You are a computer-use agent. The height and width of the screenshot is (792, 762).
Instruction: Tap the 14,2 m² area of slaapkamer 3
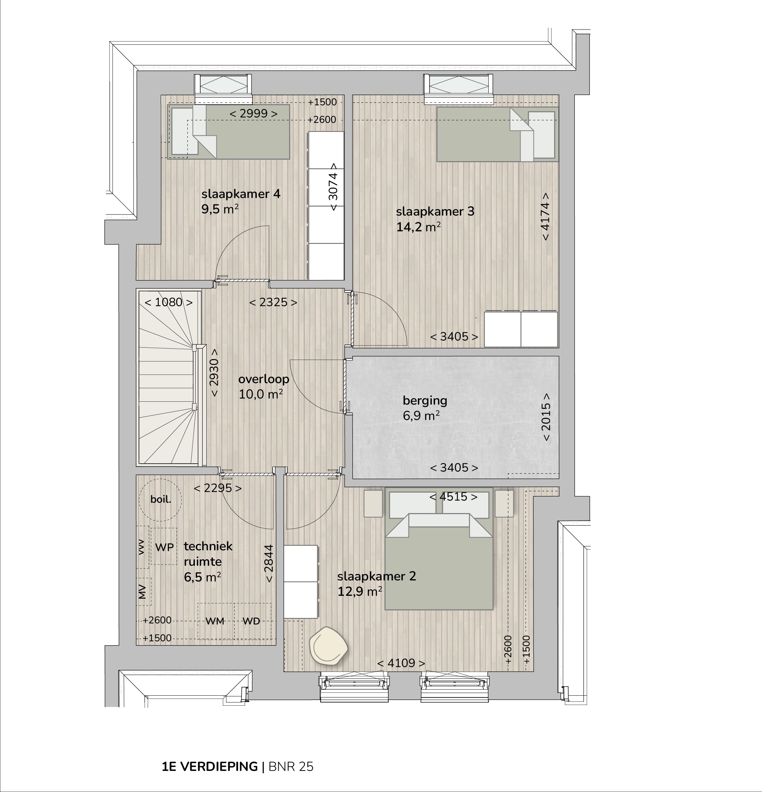[x=418, y=227]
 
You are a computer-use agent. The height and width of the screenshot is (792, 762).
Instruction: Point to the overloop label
[x=264, y=379]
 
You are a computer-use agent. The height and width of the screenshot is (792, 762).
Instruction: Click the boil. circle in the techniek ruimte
[x=160, y=499]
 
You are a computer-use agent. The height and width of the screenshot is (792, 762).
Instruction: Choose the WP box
[x=164, y=546]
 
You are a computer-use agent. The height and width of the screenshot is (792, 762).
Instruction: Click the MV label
[x=142, y=591]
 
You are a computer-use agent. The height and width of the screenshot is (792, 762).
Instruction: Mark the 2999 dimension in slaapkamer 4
[x=253, y=114]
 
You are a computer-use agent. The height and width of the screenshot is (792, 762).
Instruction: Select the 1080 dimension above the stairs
[x=168, y=302]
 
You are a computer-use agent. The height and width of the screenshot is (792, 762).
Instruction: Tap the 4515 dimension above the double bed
[x=453, y=497]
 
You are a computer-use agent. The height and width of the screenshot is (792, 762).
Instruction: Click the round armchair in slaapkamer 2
[x=328, y=646]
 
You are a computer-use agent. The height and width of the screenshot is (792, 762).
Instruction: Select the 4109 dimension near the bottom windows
[x=401, y=663]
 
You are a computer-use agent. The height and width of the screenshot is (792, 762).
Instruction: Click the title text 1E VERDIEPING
[x=210, y=767]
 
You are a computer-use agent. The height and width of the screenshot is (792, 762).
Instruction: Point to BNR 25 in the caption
[x=291, y=767]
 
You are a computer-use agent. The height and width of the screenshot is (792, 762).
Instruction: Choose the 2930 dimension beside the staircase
[x=214, y=373]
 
